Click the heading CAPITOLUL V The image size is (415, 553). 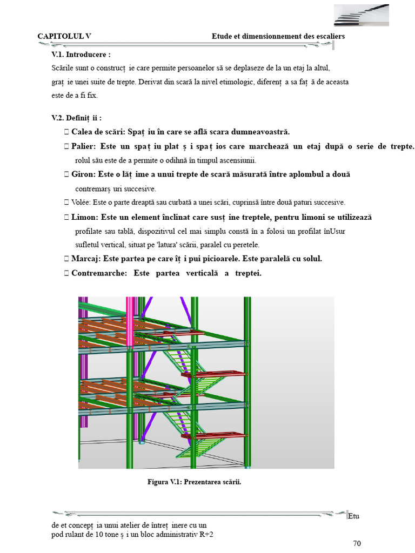64,36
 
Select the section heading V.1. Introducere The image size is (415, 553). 81,55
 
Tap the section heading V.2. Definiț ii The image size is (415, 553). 77,118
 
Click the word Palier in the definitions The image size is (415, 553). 83,147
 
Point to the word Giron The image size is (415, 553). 83,174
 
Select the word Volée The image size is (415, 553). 81,203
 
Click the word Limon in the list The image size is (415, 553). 84,217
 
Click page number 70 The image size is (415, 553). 357,543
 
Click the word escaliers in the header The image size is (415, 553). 329,36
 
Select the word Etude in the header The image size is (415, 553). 223,36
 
